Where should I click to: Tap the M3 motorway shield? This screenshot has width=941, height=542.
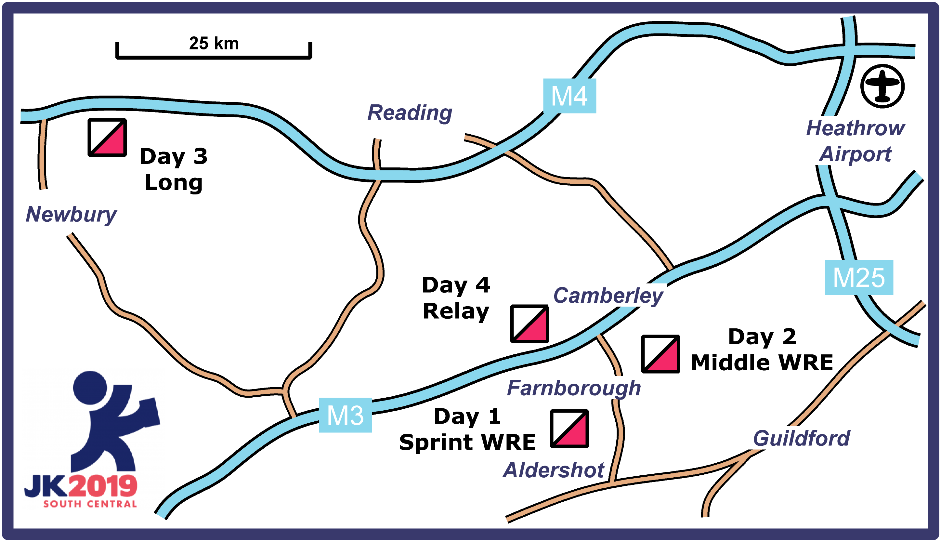click(x=345, y=415)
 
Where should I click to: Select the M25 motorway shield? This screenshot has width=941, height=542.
click(x=859, y=278)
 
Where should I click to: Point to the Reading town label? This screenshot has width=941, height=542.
click(x=410, y=112)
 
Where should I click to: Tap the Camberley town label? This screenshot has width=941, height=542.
click(x=608, y=296)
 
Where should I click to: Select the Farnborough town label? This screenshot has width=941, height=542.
click(x=574, y=388)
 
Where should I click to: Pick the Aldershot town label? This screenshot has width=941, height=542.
click(x=554, y=470)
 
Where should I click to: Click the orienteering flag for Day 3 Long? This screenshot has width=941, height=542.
click(x=107, y=137)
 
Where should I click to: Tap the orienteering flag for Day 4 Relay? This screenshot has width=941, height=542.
click(x=529, y=324)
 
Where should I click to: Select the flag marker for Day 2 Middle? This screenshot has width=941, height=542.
click(x=661, y=354)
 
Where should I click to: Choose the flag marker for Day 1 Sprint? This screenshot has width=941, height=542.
click(x=569, y=429)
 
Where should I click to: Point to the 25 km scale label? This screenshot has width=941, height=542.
click(x=214, y=44)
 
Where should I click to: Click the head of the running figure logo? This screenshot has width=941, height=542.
click(x=90, y=388)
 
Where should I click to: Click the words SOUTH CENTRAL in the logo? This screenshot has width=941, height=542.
click(x=90, y=504)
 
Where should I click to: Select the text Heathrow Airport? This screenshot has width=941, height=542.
click(x=856, y=141)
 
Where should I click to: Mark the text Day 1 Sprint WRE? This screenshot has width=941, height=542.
click(x=467, y=429)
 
